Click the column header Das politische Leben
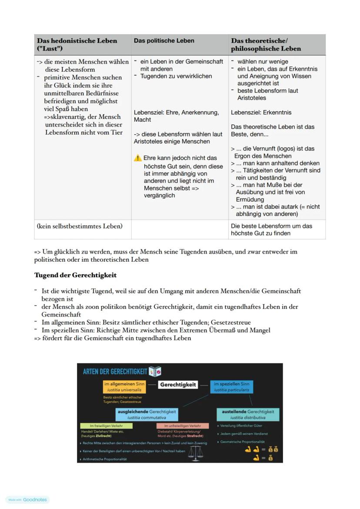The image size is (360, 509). tap(164, 41)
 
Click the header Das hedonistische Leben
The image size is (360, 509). tap(77, 41)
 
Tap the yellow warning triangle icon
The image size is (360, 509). tap(138, 158)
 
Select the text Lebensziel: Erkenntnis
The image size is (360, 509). tap(261, 113)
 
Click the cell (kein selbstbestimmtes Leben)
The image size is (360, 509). tap(80, 226)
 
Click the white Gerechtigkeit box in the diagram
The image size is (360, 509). tap(178, 385)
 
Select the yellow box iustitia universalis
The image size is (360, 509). tap(124, 387)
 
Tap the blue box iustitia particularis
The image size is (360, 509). tap(231, 387)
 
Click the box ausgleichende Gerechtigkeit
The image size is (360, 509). tap(147, 414)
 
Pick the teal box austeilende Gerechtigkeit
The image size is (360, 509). tap(248, 414)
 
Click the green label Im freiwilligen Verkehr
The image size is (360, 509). tap(106, 426)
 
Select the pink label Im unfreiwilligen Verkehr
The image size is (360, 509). tap(183, 426)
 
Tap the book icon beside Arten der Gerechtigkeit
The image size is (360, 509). tap(155, 372)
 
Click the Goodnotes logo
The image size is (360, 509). tap(28, 500)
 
